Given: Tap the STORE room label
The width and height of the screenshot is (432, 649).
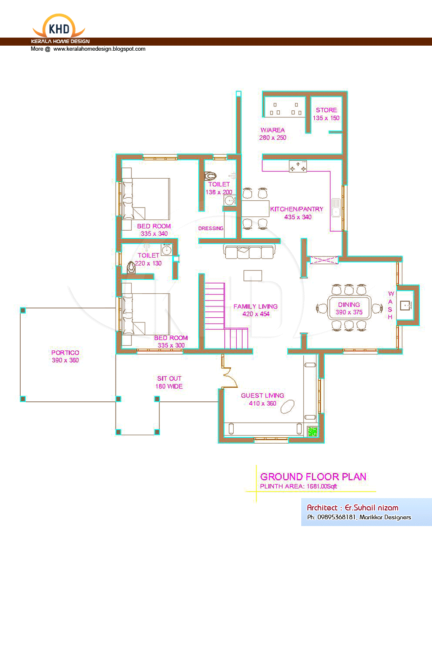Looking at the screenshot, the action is tap(327, 110).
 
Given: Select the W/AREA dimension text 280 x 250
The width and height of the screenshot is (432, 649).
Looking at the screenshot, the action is tap(273, 138).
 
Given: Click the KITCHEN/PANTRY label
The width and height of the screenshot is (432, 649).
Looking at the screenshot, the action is tap(297, 209).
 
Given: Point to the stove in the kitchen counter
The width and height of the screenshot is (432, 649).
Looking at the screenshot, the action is tap(298, 166).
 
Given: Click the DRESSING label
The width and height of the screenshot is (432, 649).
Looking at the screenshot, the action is tap(211, 228).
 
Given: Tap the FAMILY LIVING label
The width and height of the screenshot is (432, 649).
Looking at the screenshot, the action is tap(256, 306).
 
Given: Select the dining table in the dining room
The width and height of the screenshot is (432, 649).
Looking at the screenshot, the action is tap(349, 308).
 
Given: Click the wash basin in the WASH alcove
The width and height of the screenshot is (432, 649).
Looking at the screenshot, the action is tap(405, 305).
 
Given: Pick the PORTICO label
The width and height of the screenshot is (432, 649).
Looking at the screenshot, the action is tap(65, 353).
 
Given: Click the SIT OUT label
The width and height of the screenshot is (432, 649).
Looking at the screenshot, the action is tap(169, 379).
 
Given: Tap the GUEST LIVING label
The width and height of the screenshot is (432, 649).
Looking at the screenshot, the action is tap(262, 395).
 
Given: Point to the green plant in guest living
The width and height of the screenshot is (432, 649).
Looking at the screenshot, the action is tap(313, 431).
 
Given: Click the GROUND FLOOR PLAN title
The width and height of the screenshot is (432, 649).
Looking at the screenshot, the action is tap(313, 477).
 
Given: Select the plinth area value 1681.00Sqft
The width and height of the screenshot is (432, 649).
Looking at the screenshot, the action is tap(322, 486).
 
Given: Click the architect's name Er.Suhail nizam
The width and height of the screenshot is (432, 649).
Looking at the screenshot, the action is tap(372, 507).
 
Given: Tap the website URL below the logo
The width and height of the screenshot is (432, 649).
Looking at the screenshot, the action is tap(99, 49).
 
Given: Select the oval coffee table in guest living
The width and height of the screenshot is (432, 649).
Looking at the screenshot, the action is tap(287, 406).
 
